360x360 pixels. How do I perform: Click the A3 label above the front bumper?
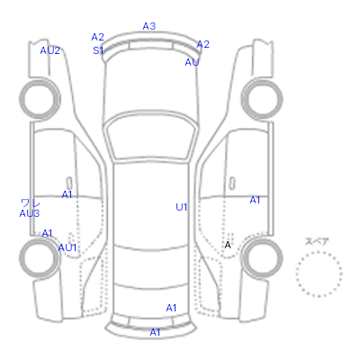[x=149, y=26]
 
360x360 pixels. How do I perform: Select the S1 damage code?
[x=98, y=50]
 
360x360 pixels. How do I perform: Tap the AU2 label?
[x=50, y=50]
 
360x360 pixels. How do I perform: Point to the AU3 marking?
[x=30, y=213]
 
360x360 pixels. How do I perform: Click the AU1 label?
[x=67, y=247]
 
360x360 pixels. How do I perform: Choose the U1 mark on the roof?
[x=182, y=207]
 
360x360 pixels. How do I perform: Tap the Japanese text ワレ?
[x=31, y=203]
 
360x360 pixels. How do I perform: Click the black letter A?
[x=228, y=245]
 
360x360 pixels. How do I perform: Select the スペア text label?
[x=317, y=241]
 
